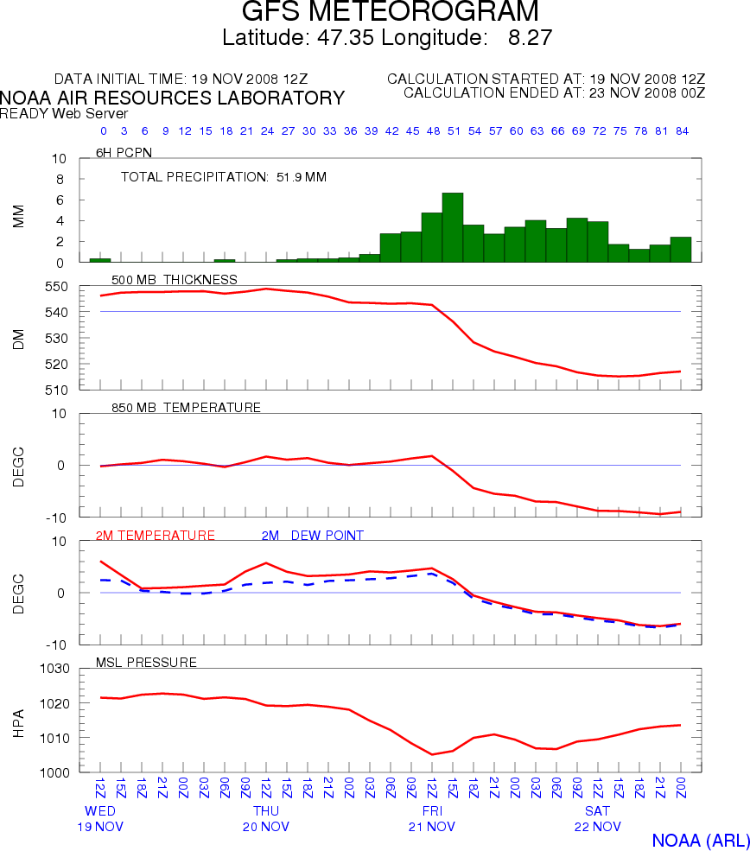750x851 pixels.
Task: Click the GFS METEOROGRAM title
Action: pos(390,12)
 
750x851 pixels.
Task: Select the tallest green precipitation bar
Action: pos(453,227)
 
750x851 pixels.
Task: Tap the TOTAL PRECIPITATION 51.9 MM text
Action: pos(224,177)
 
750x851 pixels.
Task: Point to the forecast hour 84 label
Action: pos(682,131)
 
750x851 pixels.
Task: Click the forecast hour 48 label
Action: pos(433,131)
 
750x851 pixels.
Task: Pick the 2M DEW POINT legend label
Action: pos(313,536)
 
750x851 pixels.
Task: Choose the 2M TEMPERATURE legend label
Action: pos(156,536)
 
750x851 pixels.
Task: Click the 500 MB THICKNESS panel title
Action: pos(175,279)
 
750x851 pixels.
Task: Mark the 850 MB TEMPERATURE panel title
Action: pos(187,407)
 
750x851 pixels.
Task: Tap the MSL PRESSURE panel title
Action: pos(151,663)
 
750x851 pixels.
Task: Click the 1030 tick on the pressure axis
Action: pos(53,669)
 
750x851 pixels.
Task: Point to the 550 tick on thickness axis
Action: pos(56,286)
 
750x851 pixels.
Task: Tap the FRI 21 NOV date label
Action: pos(432,819)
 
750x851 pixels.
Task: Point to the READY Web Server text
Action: pos(64,113)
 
